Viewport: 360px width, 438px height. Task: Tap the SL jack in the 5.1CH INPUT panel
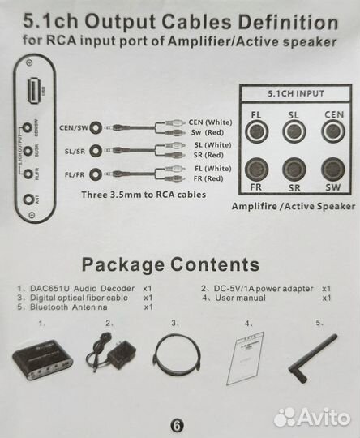[294, 131]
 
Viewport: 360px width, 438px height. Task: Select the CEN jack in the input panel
[331, 131]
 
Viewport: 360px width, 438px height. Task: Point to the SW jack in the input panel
[331, 168]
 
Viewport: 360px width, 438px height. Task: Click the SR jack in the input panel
[294, 168]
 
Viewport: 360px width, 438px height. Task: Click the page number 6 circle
[178, 423]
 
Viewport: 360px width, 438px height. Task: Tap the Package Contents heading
[170, 264]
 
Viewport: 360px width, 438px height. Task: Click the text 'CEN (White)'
[210, 122]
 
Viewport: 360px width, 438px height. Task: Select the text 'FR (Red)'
[208, 178]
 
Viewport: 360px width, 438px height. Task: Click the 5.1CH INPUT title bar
[294, 94]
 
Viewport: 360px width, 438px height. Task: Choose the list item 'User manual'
[240, 298]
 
